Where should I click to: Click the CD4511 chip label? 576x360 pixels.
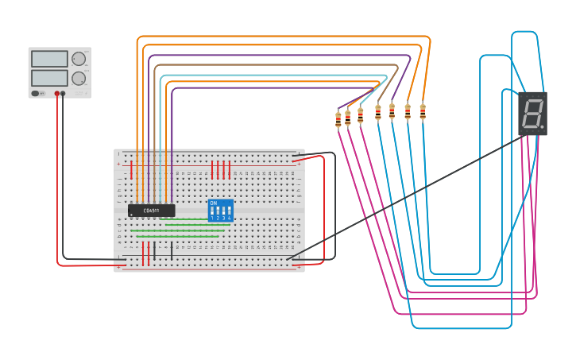pos(151,211)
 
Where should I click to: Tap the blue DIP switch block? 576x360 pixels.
pos(220,211)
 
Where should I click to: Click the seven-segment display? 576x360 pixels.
pos(532,113)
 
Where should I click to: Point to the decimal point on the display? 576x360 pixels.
pos(543,126)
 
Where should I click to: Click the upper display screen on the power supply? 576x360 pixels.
pos(49,59)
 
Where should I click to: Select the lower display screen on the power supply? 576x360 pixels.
pos(49,78)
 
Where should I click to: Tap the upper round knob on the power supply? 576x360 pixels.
pos(79,59)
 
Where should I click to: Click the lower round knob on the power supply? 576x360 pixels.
pos(79,78)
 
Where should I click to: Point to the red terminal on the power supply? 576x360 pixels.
pos(57,94)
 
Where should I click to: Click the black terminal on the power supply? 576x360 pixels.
pos(64,94)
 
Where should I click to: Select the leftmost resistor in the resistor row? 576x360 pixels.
pos(338,120)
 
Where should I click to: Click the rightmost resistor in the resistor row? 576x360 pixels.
pos(423,111)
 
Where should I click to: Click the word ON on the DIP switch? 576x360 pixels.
pos(213,203)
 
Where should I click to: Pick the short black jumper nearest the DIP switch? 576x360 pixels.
pos(172,251)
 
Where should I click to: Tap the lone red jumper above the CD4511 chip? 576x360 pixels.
pos(132,169)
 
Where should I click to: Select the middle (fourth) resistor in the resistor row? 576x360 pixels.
pos(378,113)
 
